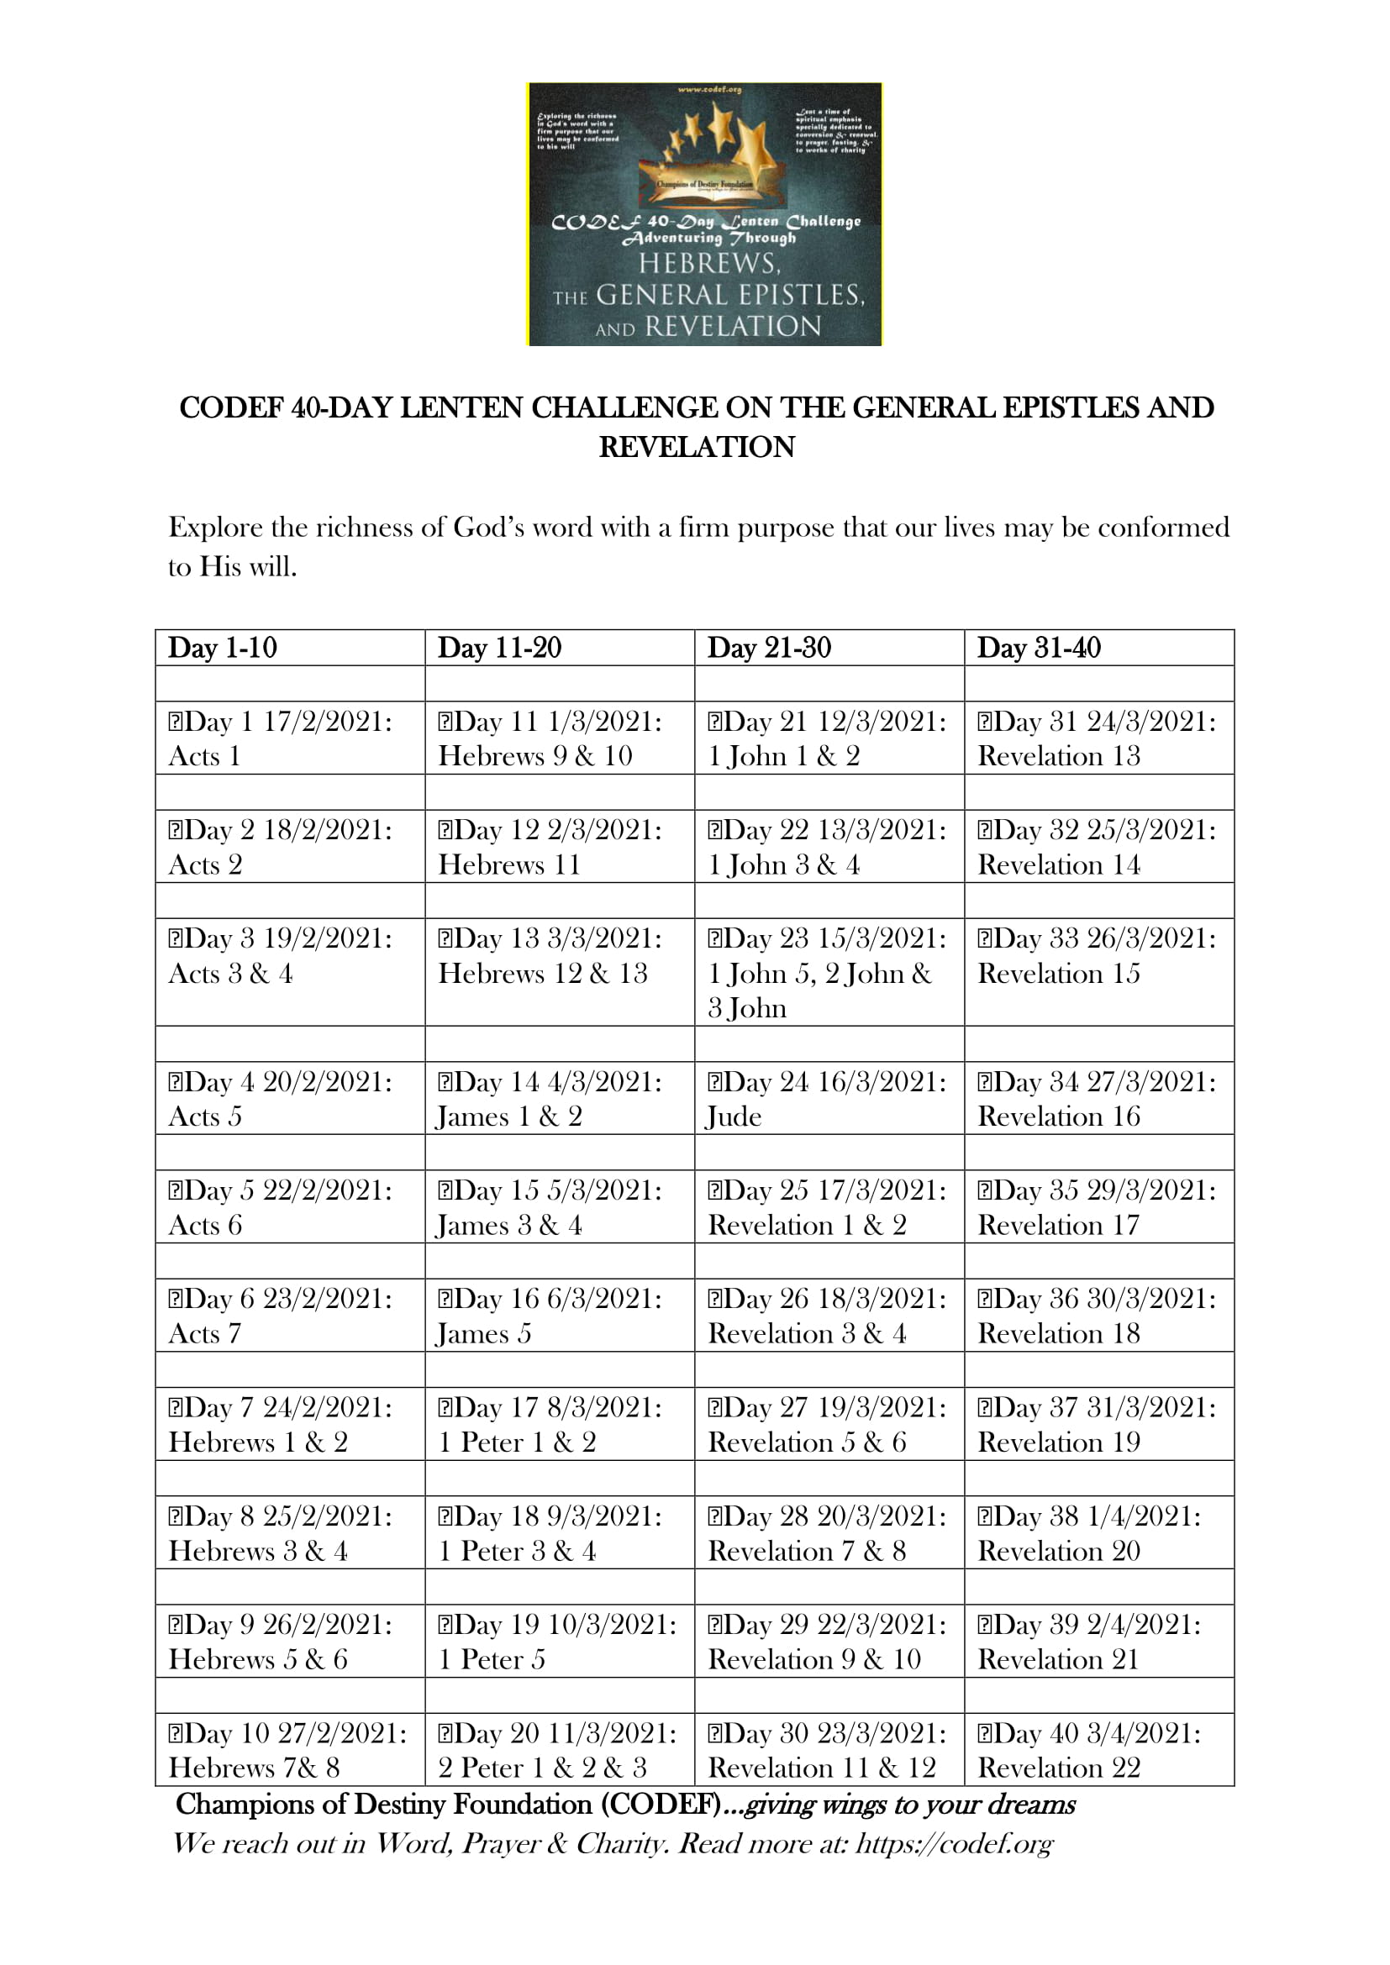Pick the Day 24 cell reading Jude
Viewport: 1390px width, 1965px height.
[827, 1099]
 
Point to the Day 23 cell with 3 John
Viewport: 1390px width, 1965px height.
[827, 972]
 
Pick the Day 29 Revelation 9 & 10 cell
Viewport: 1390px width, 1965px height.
[827, 1642]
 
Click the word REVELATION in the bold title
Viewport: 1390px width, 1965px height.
[697, 447]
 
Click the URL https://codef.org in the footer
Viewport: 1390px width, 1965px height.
[955, 1842]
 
